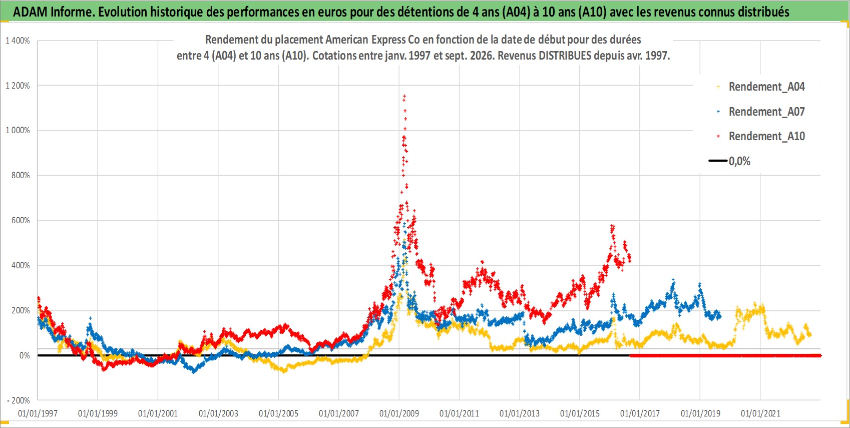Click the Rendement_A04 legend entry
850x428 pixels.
click(x=760, y=87)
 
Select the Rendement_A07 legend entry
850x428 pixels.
click(x=760, y=112)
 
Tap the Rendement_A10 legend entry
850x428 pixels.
click(x=760, y=136)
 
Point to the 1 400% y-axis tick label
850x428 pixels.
click(x=18, y=41)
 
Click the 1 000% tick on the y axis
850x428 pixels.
click(x=18, y=131)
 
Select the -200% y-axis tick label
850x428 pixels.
click(x=19, y=400)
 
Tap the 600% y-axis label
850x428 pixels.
click(x=21, y=220)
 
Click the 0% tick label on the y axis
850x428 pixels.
click(x=25, y=355)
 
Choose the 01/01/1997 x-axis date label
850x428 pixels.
click(x=38, y=413)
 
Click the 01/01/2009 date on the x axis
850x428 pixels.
click(x=399, y=413)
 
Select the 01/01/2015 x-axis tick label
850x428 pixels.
click(x=580, y=413)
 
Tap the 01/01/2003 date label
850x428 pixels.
click(x=218, y=413)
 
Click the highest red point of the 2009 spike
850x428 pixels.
click(x=404, y=97)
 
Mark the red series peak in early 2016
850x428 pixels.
click(x=612, y=226)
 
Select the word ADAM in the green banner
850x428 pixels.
click(x=30, y=12)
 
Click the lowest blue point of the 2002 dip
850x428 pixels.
click(x=194, y=372)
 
